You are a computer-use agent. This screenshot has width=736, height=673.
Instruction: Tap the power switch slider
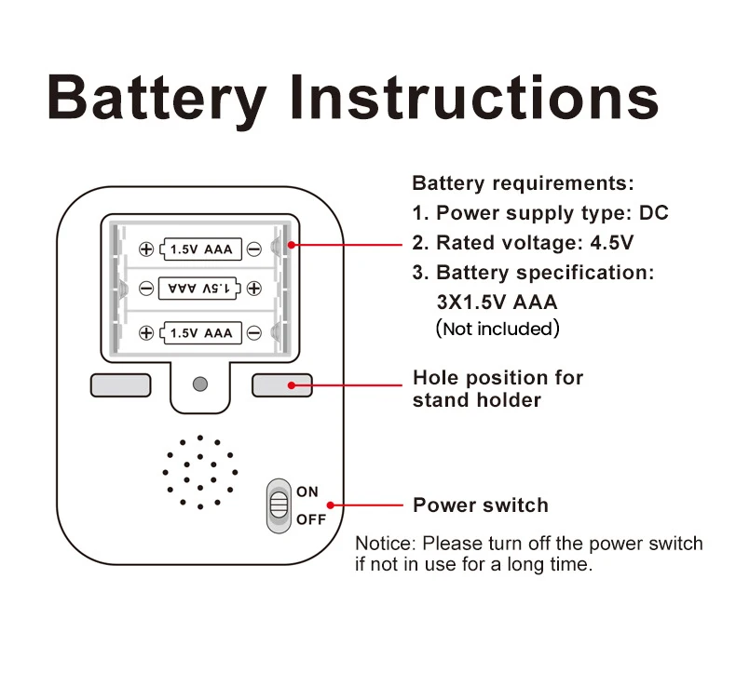[x=278, y=505]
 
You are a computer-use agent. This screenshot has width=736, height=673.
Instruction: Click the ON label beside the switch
[x=307, y=491]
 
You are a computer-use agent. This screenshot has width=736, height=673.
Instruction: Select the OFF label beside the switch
[x=311, y=519]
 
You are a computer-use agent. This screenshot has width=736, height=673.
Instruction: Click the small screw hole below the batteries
[x=198, y=384]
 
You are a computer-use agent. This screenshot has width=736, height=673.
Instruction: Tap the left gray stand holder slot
[x=120, y=384]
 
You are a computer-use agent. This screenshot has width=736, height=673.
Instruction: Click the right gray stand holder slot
[x=281, y=384]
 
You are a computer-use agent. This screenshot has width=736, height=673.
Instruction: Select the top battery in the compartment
[x=201, y=249]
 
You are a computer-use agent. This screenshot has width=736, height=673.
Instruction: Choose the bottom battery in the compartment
[x=201, y=332]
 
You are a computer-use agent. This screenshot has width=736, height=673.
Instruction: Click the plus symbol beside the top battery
[x=146, y=249]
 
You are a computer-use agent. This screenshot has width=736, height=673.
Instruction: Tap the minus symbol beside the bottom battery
[x=253, y=332]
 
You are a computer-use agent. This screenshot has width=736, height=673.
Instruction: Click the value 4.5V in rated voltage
[x=611, y=243]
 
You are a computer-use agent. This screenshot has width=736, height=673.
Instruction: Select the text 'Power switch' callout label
[x=481, y=505]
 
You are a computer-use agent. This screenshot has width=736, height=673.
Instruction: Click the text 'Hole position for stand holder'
[x=497, y=389]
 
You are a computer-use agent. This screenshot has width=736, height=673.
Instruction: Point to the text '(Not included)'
[x=498, y=329]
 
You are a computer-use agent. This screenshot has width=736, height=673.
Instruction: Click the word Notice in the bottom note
[x=386, y=544]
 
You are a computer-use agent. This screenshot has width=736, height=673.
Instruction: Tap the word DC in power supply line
[x=653, y=213]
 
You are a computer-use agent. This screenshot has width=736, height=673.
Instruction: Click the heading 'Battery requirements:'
[x=523, y=182]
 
